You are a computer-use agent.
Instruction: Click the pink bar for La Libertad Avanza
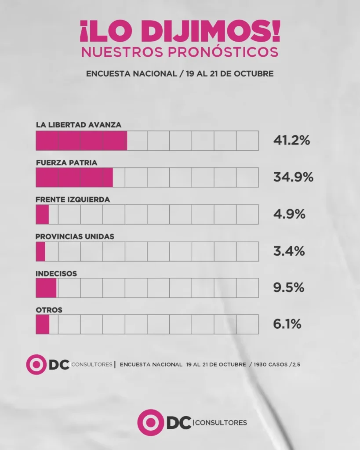(x=81, y=141)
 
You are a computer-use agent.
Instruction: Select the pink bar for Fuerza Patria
(x=74, y=178)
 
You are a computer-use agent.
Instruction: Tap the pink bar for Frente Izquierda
(x=42, y=214)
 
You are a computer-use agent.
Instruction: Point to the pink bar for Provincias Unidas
(x=40, y=251)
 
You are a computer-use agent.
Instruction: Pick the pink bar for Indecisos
(x=46, y=288)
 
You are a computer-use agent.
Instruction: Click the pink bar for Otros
(x=43, y=325)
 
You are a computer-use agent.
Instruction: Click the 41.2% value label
(x=292, y=141)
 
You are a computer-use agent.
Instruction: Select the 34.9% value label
(x=293, y=178)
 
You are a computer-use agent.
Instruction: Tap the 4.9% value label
(x=289, y=214)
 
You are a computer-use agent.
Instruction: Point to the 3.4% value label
(x=289, y=251)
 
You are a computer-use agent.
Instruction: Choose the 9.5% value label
(x=288, y=288)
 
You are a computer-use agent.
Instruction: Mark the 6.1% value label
(x=287, y=325)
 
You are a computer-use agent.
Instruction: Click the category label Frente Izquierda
(x=73, y=200)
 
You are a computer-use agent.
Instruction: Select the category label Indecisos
(x=56, y=273)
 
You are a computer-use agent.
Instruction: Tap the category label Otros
(x=49, y=310)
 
